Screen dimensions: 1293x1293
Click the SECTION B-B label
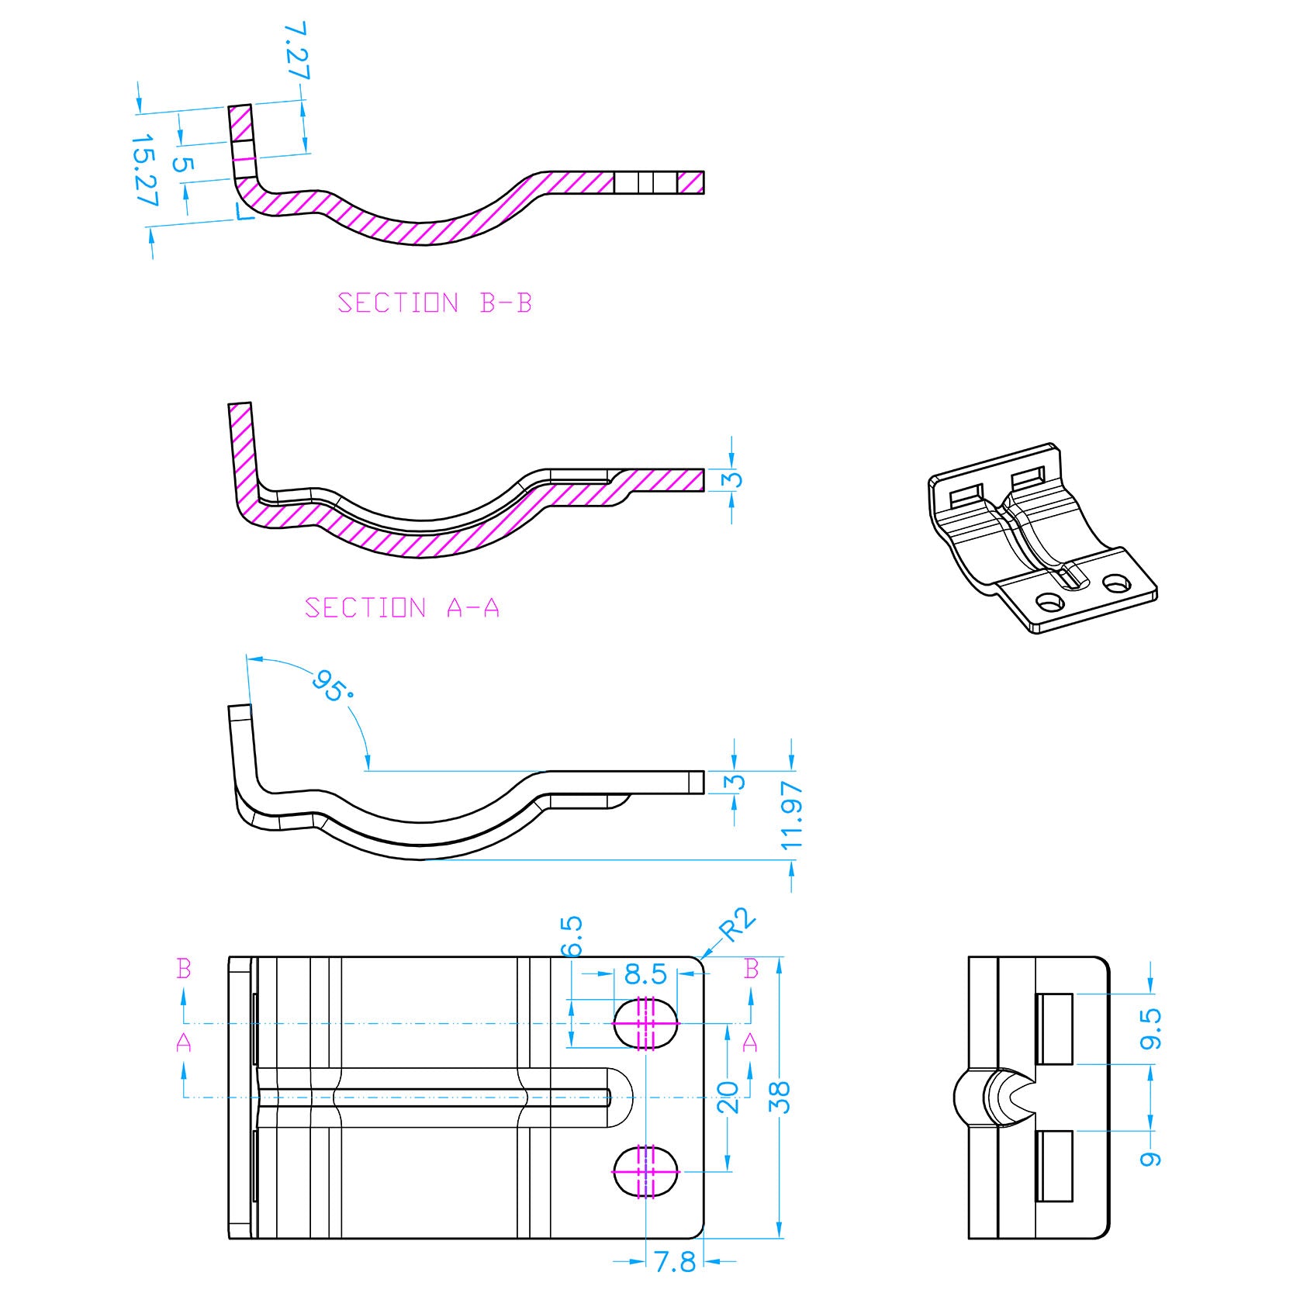click(434, 303)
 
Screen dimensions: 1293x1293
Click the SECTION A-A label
click(402, 607)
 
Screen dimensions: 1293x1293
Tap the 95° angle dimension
click(332, 686)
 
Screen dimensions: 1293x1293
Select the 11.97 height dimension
click(792, 815)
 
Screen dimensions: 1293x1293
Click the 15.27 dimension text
click(144, 171)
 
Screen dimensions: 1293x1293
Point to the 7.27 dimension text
click(296, 50)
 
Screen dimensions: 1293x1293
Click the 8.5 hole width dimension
click(645, 974)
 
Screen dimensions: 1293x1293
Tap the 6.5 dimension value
click(571, 936)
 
